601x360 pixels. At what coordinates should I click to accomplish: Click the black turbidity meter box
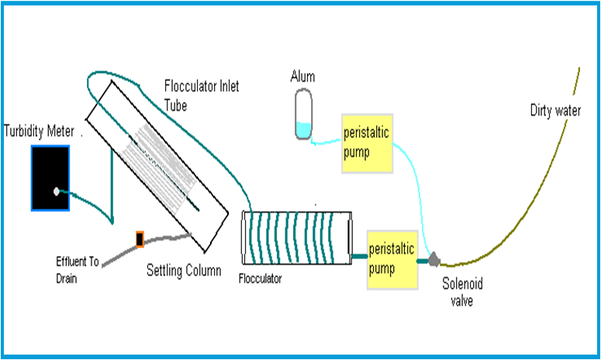[x=50, y=178]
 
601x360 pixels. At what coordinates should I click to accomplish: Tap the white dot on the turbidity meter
[x=57, y=191]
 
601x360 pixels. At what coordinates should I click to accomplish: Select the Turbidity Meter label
[x=39, y=131]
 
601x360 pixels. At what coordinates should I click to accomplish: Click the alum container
[x=303, y=114]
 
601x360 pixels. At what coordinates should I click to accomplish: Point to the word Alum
[x=302, y=77]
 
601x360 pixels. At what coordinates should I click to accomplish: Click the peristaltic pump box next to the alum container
[x=368, y=144]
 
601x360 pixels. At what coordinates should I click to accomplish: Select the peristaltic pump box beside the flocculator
[x=392, y=260]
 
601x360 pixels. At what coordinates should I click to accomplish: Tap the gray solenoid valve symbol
[x=434, y=260]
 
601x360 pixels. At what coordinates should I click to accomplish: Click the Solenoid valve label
[x=462, y=292]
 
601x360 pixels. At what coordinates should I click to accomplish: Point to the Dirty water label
[x=555, y=110]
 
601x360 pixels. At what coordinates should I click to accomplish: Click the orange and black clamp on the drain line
[x=140, y=239]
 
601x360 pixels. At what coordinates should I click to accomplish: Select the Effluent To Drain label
[x=77, y=270]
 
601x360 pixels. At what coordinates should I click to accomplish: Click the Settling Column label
[x=184, y=270]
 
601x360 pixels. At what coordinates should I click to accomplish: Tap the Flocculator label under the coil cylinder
[x=261, y=279]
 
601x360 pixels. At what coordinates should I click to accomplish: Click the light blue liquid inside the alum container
[x=303, y=130]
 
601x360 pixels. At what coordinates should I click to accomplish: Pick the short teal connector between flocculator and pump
[x=360, y=256]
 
